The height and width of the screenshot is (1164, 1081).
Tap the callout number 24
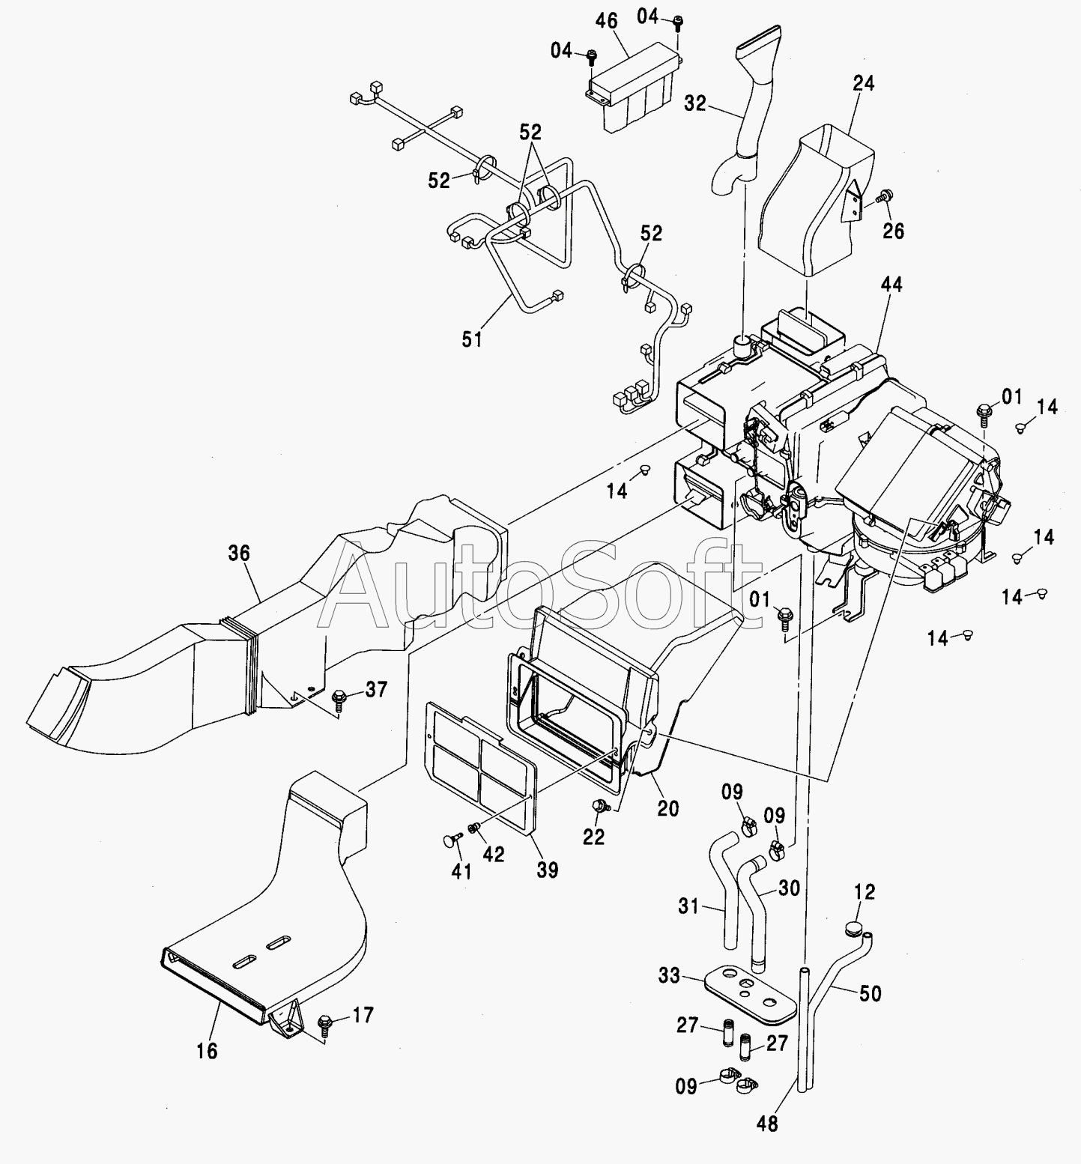(x=863, y=82)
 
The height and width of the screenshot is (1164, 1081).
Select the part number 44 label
(x=891, y=284)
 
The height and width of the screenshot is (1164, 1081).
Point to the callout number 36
(x=239, y=553)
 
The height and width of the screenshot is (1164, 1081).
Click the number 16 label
(x=207, y=1051)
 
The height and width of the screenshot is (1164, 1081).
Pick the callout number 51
(x=471, y=339)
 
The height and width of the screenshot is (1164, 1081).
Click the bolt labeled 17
(x=325, y=1022)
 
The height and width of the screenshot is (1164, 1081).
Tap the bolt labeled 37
(x=338, y=697)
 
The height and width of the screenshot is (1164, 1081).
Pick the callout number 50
(x=870, y=994)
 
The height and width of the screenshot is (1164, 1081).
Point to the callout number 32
(x=695, y=103)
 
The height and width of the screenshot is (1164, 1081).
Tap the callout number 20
(x=668, y=808)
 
